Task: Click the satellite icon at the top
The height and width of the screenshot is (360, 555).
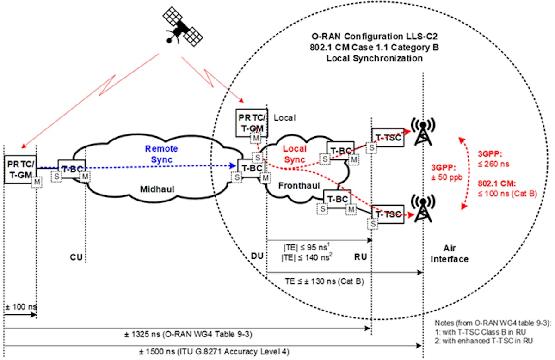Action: (x=182, y=27)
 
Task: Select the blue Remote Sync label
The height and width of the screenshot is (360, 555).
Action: (x=161, y=154)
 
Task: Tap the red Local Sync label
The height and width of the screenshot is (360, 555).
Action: (x=295, y=154)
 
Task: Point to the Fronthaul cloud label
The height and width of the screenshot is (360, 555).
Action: (x=295, y=185)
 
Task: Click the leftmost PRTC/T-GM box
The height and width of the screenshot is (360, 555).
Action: (x=19, y=169)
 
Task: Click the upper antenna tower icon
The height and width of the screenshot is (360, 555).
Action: (x=421, y=133)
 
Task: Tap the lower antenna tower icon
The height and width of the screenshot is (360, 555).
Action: (x=421, y=209)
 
